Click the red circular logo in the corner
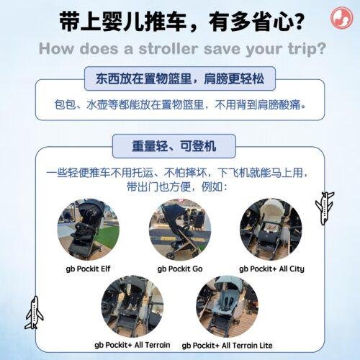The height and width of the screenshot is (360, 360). click(x=341, y=18)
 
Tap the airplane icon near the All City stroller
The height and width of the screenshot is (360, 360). click(x=325, y=208)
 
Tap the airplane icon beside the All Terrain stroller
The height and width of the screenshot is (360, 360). click(x=35, y=312)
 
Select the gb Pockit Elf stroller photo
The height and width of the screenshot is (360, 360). click(x=89, y=230)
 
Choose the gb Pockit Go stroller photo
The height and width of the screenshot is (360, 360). click(x=180, y=230)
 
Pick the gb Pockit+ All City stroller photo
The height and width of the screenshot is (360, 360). click(x=271, y=230)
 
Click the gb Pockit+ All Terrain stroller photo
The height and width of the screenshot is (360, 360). click(x=132, y=307)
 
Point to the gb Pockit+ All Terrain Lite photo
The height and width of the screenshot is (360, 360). click(x=227, y=307)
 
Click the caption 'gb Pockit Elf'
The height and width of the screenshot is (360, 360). click(x=88, y=269)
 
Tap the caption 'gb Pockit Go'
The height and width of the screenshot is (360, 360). click(x=180, y=269)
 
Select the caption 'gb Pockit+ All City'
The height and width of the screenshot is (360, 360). click(x=271, y=269)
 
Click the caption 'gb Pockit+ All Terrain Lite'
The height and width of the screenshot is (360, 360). click(x=227, y=346)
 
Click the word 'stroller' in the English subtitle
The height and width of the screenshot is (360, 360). click(x=168, y=49)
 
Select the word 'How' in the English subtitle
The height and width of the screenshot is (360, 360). click(x=56, y=49)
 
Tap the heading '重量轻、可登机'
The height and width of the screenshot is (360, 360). click(x=174, y=146)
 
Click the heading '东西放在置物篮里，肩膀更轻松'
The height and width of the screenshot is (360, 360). click(x=180, y=78)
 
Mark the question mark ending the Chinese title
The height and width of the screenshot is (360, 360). click(x=298, y=22)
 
